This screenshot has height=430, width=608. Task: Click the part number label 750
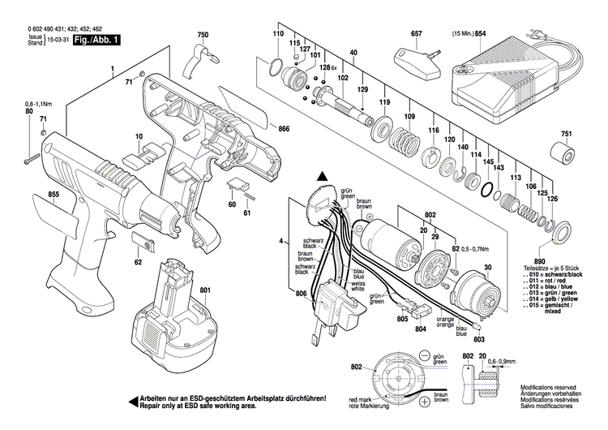pyautogui.click(x=202, y=35)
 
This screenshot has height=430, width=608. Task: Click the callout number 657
pyautogui.click(x=417, y=35)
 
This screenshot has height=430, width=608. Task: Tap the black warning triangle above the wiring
pyautogui.click(x=322, y=176)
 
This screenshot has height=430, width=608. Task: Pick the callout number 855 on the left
pyautogui.click(x=31, y=195)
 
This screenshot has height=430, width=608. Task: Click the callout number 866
pyautogui.click(x=283, y=129)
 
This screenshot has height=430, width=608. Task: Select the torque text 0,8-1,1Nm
pyautogui.click(x=38, y=104)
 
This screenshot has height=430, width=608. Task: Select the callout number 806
pyautogui.click(x=301, y=293)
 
